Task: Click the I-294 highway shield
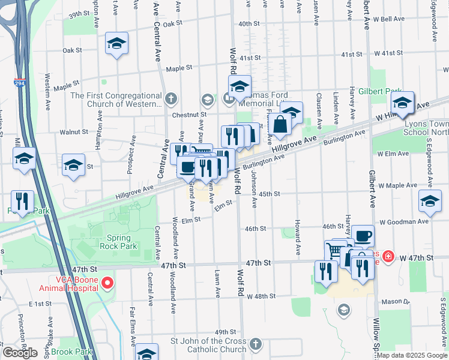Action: pyautogui.click(x=19, y=83)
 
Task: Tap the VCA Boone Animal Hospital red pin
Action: pyautogui.click(x=107, y=281)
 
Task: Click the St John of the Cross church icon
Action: pyautogui.click(x=256, y=344)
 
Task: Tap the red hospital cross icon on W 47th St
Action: pyautogui.click(x=388, y=257)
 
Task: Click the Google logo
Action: pyautogui.click(x=20, y=353)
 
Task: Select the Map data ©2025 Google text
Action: pyautogui.click(x=412, y=355)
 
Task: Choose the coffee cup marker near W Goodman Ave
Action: pyautogui.click(x=363, y=235)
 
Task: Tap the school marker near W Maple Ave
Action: pyautogui.click(x=430, y=202)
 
